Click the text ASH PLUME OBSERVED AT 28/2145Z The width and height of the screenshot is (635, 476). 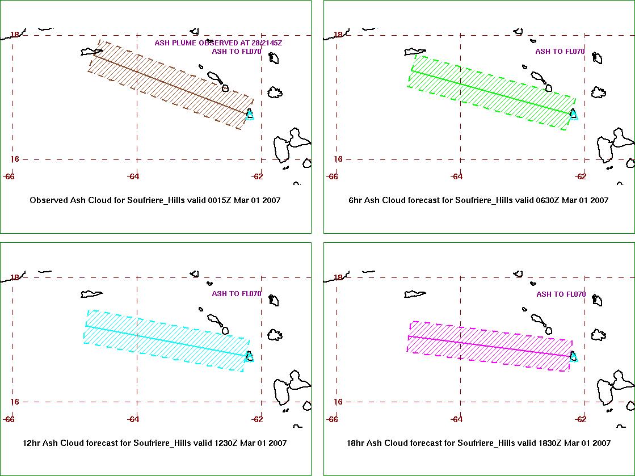[x=218, y=43]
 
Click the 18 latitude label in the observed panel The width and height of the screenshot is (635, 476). [x=15, y=35]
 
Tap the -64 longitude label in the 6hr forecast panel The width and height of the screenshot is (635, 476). [x=456, y=176]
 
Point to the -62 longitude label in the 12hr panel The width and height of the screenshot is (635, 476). [x=256, y=419]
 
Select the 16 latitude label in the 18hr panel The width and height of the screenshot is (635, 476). [x=338, y=402]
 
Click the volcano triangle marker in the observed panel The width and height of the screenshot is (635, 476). [x=250, y=115]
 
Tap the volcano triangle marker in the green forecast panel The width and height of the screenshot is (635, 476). [x=574, y=114]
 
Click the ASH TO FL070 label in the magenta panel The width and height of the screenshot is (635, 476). [x=561, y=294]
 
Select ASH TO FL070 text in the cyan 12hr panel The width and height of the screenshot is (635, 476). [x=237, y=293]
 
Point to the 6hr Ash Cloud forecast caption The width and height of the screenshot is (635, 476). [x=478, y=200]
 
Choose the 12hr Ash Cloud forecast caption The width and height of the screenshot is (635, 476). [x=155, y=443]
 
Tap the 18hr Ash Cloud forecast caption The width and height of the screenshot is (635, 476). [x=479, y=443]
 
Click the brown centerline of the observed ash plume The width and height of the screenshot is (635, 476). [x=172, y=84]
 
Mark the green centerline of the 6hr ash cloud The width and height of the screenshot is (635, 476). [x=492, y=92]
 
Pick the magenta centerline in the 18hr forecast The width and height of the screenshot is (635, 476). [x=490, y=346]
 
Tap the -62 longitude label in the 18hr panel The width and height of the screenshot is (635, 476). [x=581, y=419]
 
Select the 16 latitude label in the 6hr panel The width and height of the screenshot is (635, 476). [x=338, y=159]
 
